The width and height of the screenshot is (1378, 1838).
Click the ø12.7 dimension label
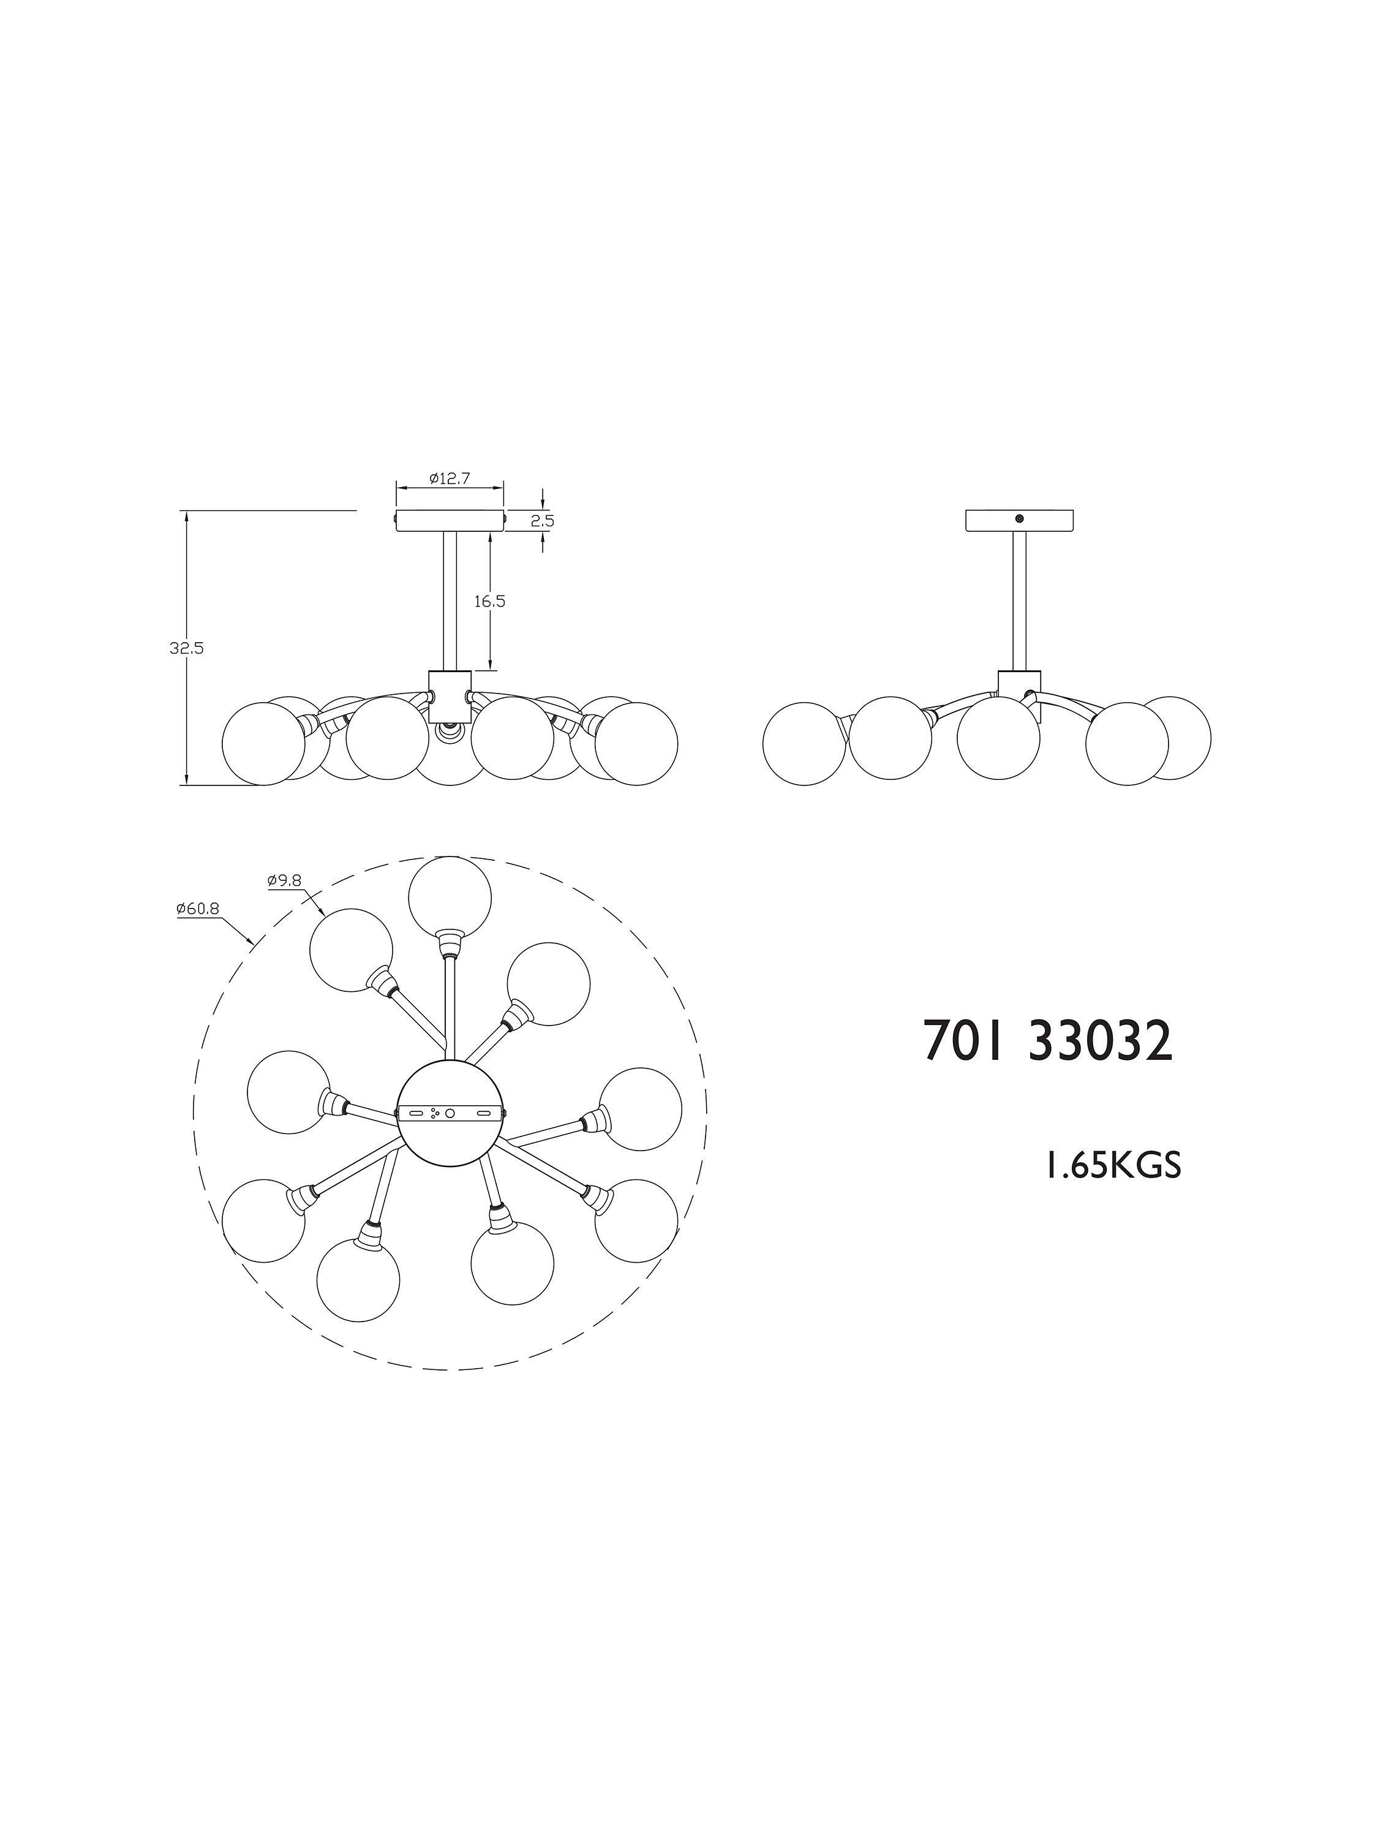coord(450,478)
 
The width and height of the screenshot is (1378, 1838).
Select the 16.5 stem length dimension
coord(490,601)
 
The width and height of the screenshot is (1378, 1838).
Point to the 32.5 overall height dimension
coord(187,649)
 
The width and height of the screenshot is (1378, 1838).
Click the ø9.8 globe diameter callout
coord(284,881)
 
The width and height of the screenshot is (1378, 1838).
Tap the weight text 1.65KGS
coord(1112,1167)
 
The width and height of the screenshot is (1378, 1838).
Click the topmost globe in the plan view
coord(450,898)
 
